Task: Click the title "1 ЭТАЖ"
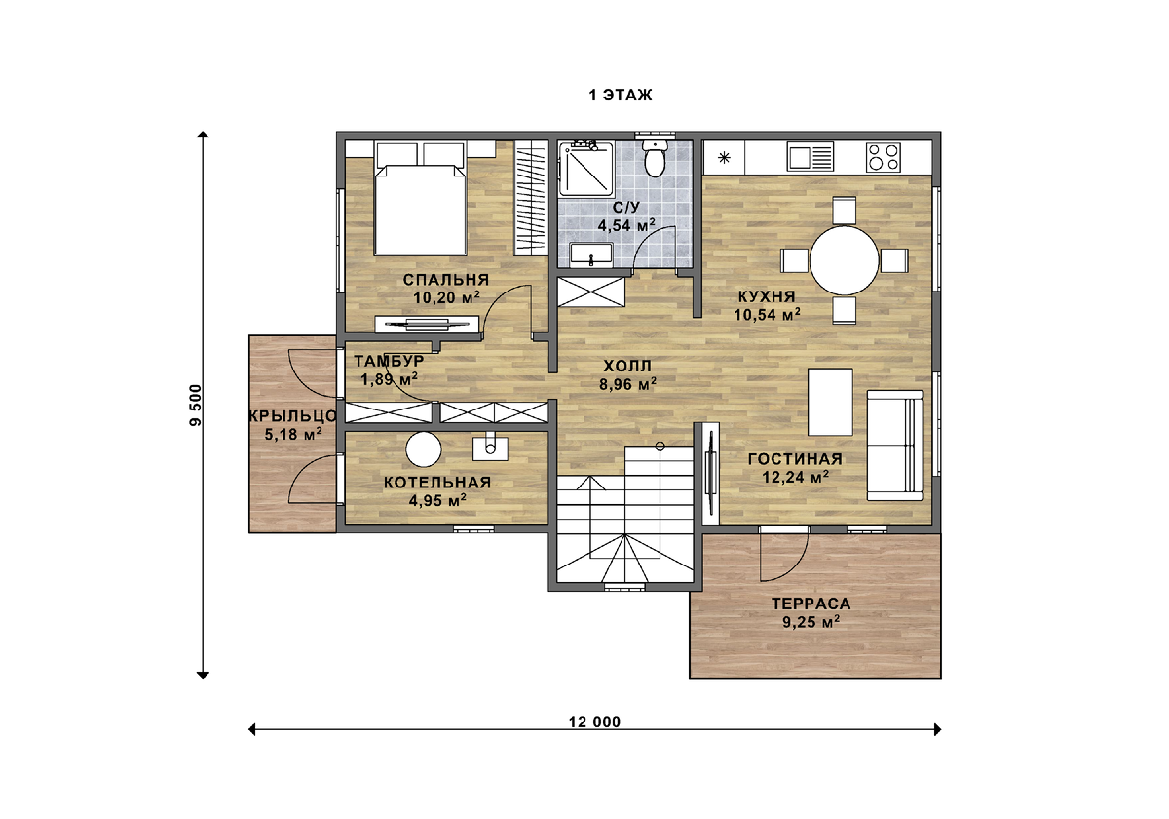tap(621, 96)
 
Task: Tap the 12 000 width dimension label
tap(594, 721)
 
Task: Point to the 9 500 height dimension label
tap(195, 406)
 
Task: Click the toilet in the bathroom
tap(655, 157)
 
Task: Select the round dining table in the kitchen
tap(844, 260)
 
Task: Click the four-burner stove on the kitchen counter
tap(884, 157)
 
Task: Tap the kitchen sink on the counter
tap(811, 157)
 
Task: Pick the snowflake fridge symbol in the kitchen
tap(724, 157)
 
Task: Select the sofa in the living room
tap(894, 445)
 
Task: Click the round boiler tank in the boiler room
tap(423, 449)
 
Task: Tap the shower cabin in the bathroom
tap(585, 169)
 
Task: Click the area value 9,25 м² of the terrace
tap(811, 622)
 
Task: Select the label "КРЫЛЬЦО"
tap(293, 416)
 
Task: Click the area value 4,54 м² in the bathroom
tap(626, 225)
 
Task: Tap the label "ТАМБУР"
tap(389, 361)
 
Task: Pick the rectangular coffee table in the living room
tap(830, 402)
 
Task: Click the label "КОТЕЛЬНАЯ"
tap(437, 482)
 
